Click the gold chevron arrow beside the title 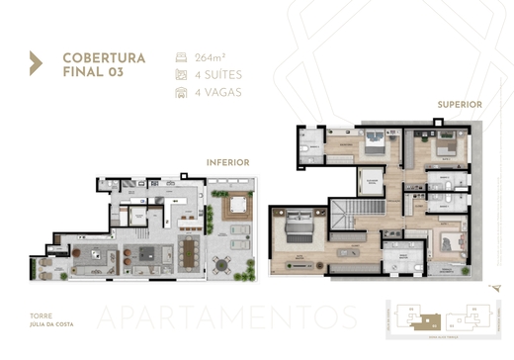[36, 63]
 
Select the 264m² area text [210, 56]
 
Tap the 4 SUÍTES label [218, 74]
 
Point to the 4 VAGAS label [217, 92]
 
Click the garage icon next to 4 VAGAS [180, 92]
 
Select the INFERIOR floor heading [226, 161]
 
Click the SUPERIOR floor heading [460, 104]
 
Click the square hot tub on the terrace [238, 208]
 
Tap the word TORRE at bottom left [43, 314]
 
